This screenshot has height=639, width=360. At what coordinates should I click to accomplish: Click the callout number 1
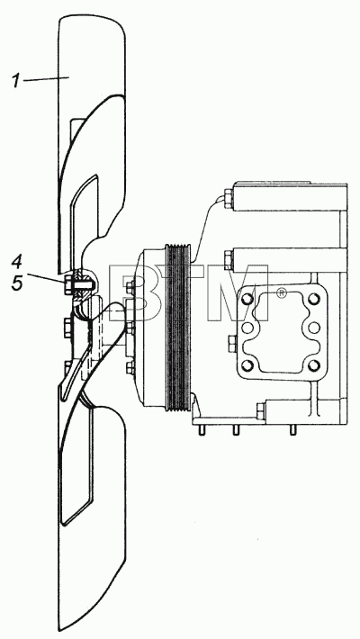coord(15,81)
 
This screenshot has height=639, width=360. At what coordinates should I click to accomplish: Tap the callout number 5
coord(17,283)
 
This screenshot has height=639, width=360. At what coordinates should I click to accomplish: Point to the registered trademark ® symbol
coord(281,292)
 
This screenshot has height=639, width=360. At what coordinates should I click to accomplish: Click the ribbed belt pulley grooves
coord(178,328)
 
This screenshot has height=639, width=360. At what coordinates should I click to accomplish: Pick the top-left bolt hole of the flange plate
coord(247,300)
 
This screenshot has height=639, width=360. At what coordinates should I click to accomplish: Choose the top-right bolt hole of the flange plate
coord(313,300)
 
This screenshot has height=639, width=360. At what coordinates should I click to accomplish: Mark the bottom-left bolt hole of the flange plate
coord(247,365)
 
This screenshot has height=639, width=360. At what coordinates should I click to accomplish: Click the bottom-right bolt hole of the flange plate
coord(313,365)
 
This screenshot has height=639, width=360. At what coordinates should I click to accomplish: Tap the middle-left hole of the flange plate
coord(247,328)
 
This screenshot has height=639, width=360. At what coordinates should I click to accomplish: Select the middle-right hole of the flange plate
coord(313,328)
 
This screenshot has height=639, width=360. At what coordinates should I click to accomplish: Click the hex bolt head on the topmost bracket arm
coord(229,199)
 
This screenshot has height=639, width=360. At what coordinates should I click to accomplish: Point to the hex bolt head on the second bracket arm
coord(229,260)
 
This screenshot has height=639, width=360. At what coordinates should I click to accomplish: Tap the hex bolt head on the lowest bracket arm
coord(260,410)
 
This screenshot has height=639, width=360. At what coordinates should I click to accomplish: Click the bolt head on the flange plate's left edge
coord(230,345)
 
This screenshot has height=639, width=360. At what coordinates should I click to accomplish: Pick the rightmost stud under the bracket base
coord(292,430)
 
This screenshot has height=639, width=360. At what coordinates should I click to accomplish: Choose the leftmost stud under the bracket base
coord(201,430)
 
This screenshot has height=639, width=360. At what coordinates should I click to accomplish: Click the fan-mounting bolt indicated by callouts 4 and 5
coord(78,282)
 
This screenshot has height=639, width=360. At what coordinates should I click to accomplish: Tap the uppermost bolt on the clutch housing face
coord(130,286)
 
